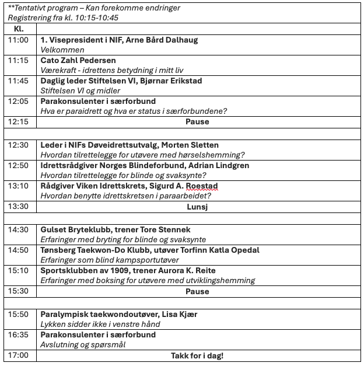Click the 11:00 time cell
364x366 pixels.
[x=18, y=40]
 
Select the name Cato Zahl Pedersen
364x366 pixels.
[x=78, y=60]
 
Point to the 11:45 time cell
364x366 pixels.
[x=18, y=81]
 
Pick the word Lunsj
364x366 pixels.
[x=197, y=207]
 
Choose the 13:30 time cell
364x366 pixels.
[x=18, y=207]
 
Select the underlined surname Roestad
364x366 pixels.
[x=202, y=186]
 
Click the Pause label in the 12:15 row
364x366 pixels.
[x=197, y=121]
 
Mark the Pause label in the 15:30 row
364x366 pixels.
[x=197, y=291]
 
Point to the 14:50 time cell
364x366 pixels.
[x=18, y=250]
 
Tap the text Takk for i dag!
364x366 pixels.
[x=197, y=355]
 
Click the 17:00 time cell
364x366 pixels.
[x=18, y=355]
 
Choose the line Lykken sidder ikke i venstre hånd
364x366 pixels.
[x=100, y=324]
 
